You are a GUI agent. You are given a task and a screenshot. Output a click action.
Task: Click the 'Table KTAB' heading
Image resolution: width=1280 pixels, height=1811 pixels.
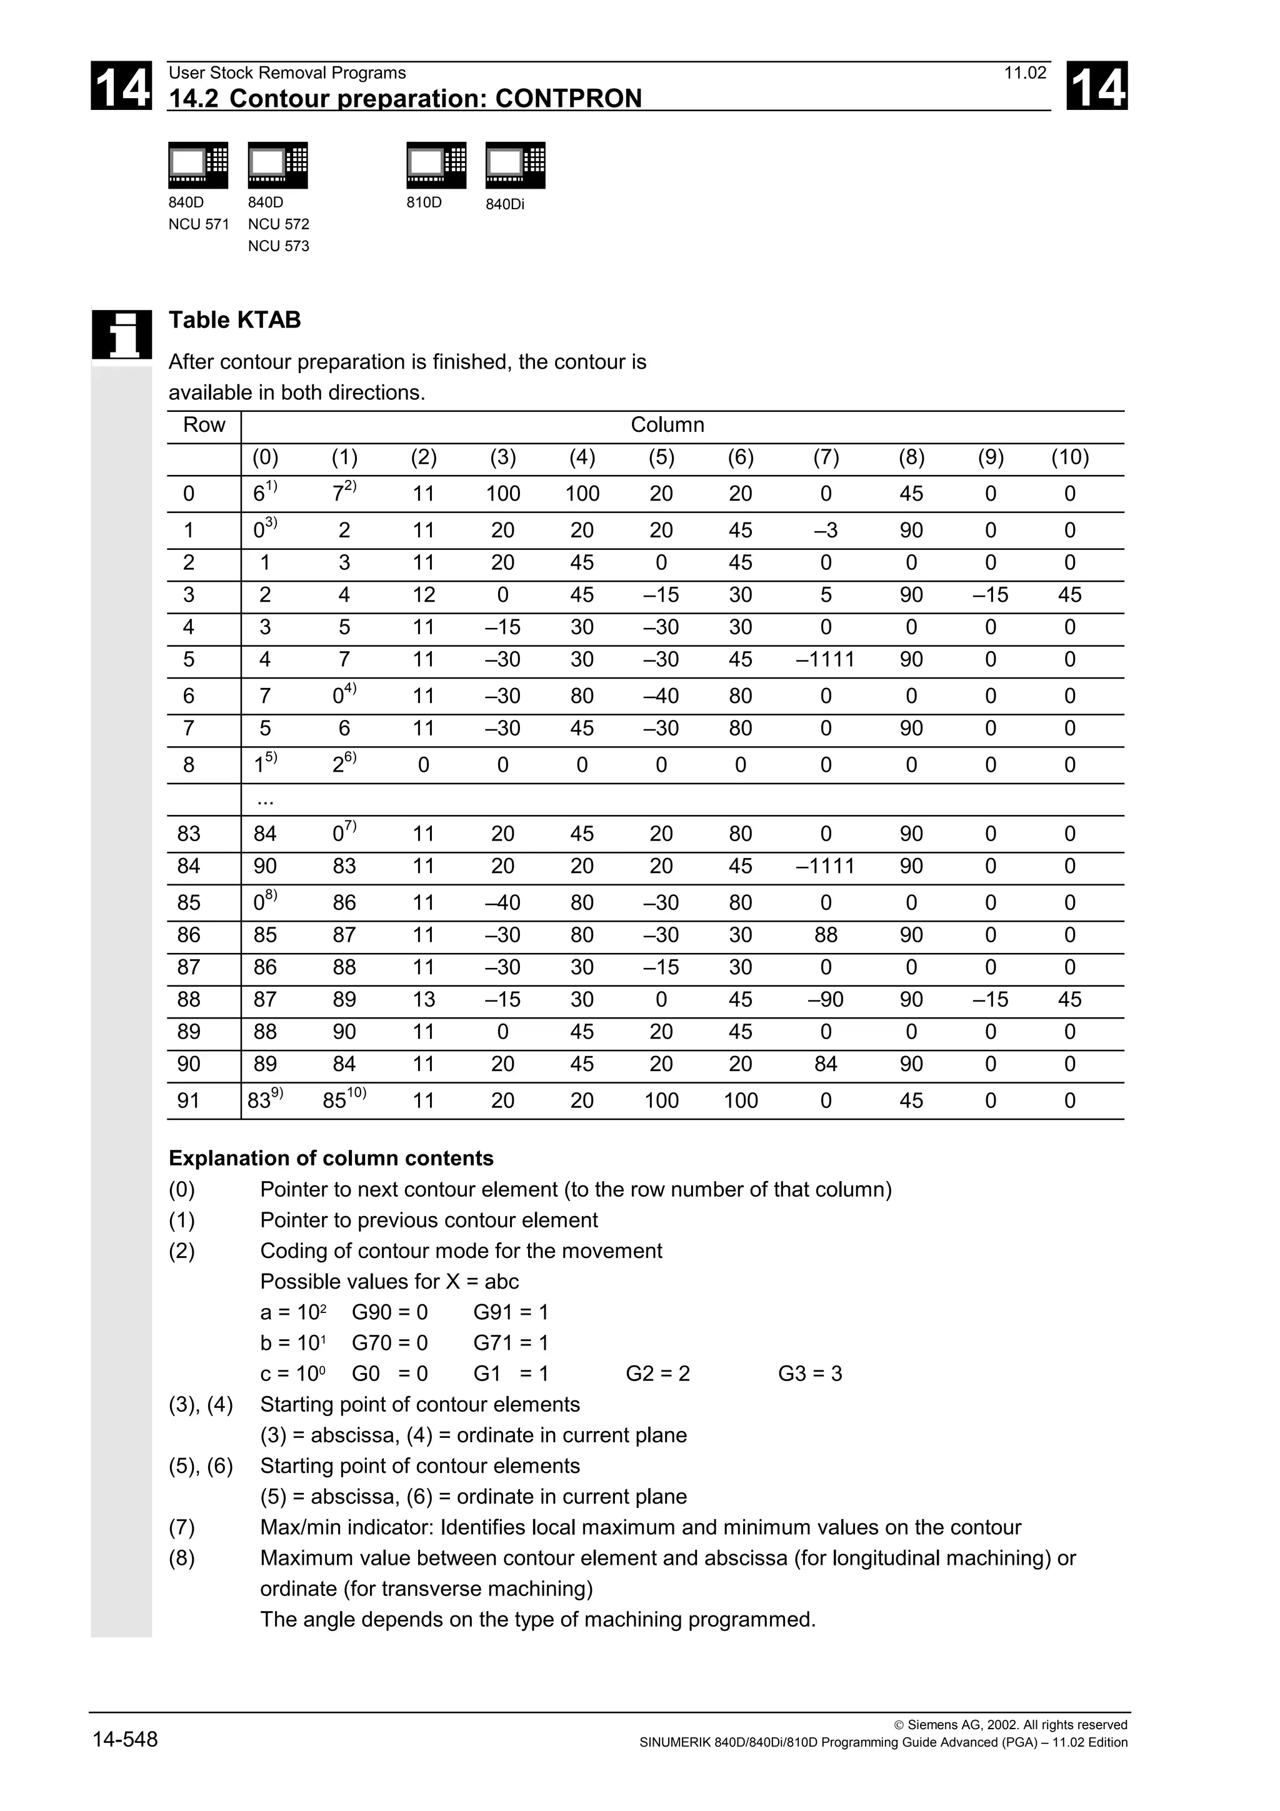(x=234, y=320)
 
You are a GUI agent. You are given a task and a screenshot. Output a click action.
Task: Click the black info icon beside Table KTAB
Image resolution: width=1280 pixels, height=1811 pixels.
(x=121, y=334)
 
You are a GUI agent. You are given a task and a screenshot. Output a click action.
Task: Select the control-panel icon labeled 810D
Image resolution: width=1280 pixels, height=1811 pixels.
(x=436, y=165)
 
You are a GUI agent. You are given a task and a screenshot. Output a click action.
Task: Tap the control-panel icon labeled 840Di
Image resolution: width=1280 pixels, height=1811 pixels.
(x=515, y=165)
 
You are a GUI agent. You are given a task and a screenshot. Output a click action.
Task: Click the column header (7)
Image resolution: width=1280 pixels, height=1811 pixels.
(x=825, y=457)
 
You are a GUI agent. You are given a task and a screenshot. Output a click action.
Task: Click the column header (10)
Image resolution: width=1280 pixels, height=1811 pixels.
(x=1069, y=457)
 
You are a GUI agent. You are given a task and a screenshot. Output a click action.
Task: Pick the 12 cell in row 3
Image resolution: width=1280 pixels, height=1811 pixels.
(x=424, y=595)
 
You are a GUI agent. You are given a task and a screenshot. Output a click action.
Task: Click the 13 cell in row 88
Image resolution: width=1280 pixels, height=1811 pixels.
(x=424, y=999)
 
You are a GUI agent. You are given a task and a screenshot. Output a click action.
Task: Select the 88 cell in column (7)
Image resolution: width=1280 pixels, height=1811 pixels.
(x=825, y=935)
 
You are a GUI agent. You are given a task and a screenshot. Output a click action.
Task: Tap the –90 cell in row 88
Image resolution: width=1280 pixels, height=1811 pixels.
(x=825, y=999)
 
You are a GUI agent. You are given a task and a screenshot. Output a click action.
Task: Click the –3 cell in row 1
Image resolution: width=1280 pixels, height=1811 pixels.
(x=825, y=530)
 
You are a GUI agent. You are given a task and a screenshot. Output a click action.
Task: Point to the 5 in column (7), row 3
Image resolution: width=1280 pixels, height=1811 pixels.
(x=825, y=595)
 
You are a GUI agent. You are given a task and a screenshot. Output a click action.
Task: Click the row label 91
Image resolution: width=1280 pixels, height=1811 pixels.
(x=189, y=1100)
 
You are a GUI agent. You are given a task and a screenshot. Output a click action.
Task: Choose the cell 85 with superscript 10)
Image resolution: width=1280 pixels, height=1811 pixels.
(x=343, y=1100)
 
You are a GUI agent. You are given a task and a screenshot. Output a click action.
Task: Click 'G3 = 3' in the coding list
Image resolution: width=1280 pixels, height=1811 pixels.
(x=809, y=1373)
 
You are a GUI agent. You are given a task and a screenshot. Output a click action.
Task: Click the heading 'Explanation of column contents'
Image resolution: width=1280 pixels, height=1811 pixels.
(x=331, y=1158)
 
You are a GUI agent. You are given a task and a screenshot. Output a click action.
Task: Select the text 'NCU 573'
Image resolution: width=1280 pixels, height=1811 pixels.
(x=277, y=246)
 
